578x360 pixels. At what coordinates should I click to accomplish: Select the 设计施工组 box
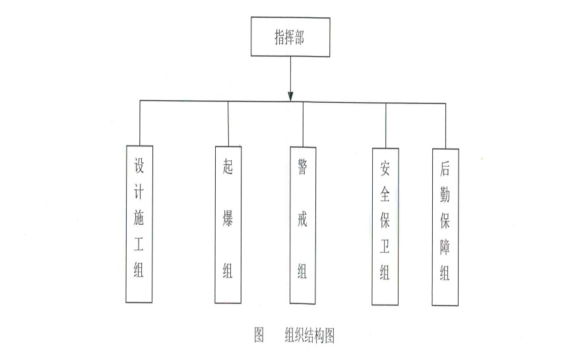coord(139,224)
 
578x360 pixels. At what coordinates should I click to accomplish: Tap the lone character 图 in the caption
coord(259,334)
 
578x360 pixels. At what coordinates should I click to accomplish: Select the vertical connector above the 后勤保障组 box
coord(445,126)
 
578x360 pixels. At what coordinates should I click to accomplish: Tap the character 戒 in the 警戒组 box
coord(303,220)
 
